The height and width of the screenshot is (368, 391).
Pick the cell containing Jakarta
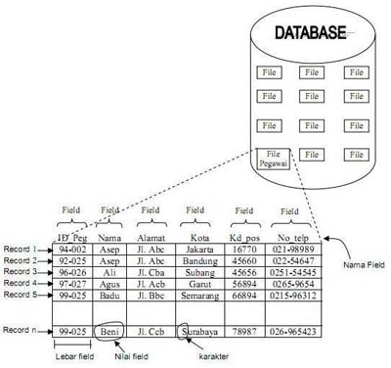pyautogui.click(x=197, y=250)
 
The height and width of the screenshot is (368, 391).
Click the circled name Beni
pyautogui.click(x=110, y=332)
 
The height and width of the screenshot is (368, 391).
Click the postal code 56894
pyautogui.click(x=243, y=283)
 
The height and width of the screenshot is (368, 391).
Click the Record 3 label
pyautogui.click(x=21, y=271)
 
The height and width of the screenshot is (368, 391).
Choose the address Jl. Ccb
pyautogui.click(x=152, y=332)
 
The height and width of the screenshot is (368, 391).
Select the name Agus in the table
pyautogui.click(x=110, y=283)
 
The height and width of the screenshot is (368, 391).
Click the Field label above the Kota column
pyautogui.click(x=197, y=208)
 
